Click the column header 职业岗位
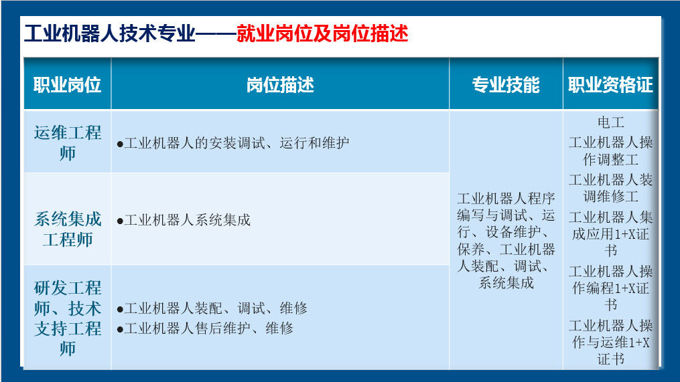pos(67,85)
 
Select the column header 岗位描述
pos(280,85)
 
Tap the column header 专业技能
pos(506,85)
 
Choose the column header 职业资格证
pos(610,85)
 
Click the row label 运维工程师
pos(68,143)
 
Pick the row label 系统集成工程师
pos(68,229)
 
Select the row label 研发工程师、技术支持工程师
pos(68,318)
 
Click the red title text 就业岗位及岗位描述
pos(322,33)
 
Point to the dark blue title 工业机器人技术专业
pos(110,33)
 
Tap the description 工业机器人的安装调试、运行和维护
pos(233,143)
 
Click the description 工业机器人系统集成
pos(184,220)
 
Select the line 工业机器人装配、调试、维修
pos(212,308)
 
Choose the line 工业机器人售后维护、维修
pos(205,328)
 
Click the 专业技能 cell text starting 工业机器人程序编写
pos(506,241)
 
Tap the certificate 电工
pos(610,122)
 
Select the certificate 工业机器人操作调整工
pos(610,151)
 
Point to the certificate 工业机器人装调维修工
pos(610,188)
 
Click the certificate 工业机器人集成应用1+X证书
pos(610,234)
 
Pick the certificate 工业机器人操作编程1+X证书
pos(610,288)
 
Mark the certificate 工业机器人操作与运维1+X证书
pos(610,342)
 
